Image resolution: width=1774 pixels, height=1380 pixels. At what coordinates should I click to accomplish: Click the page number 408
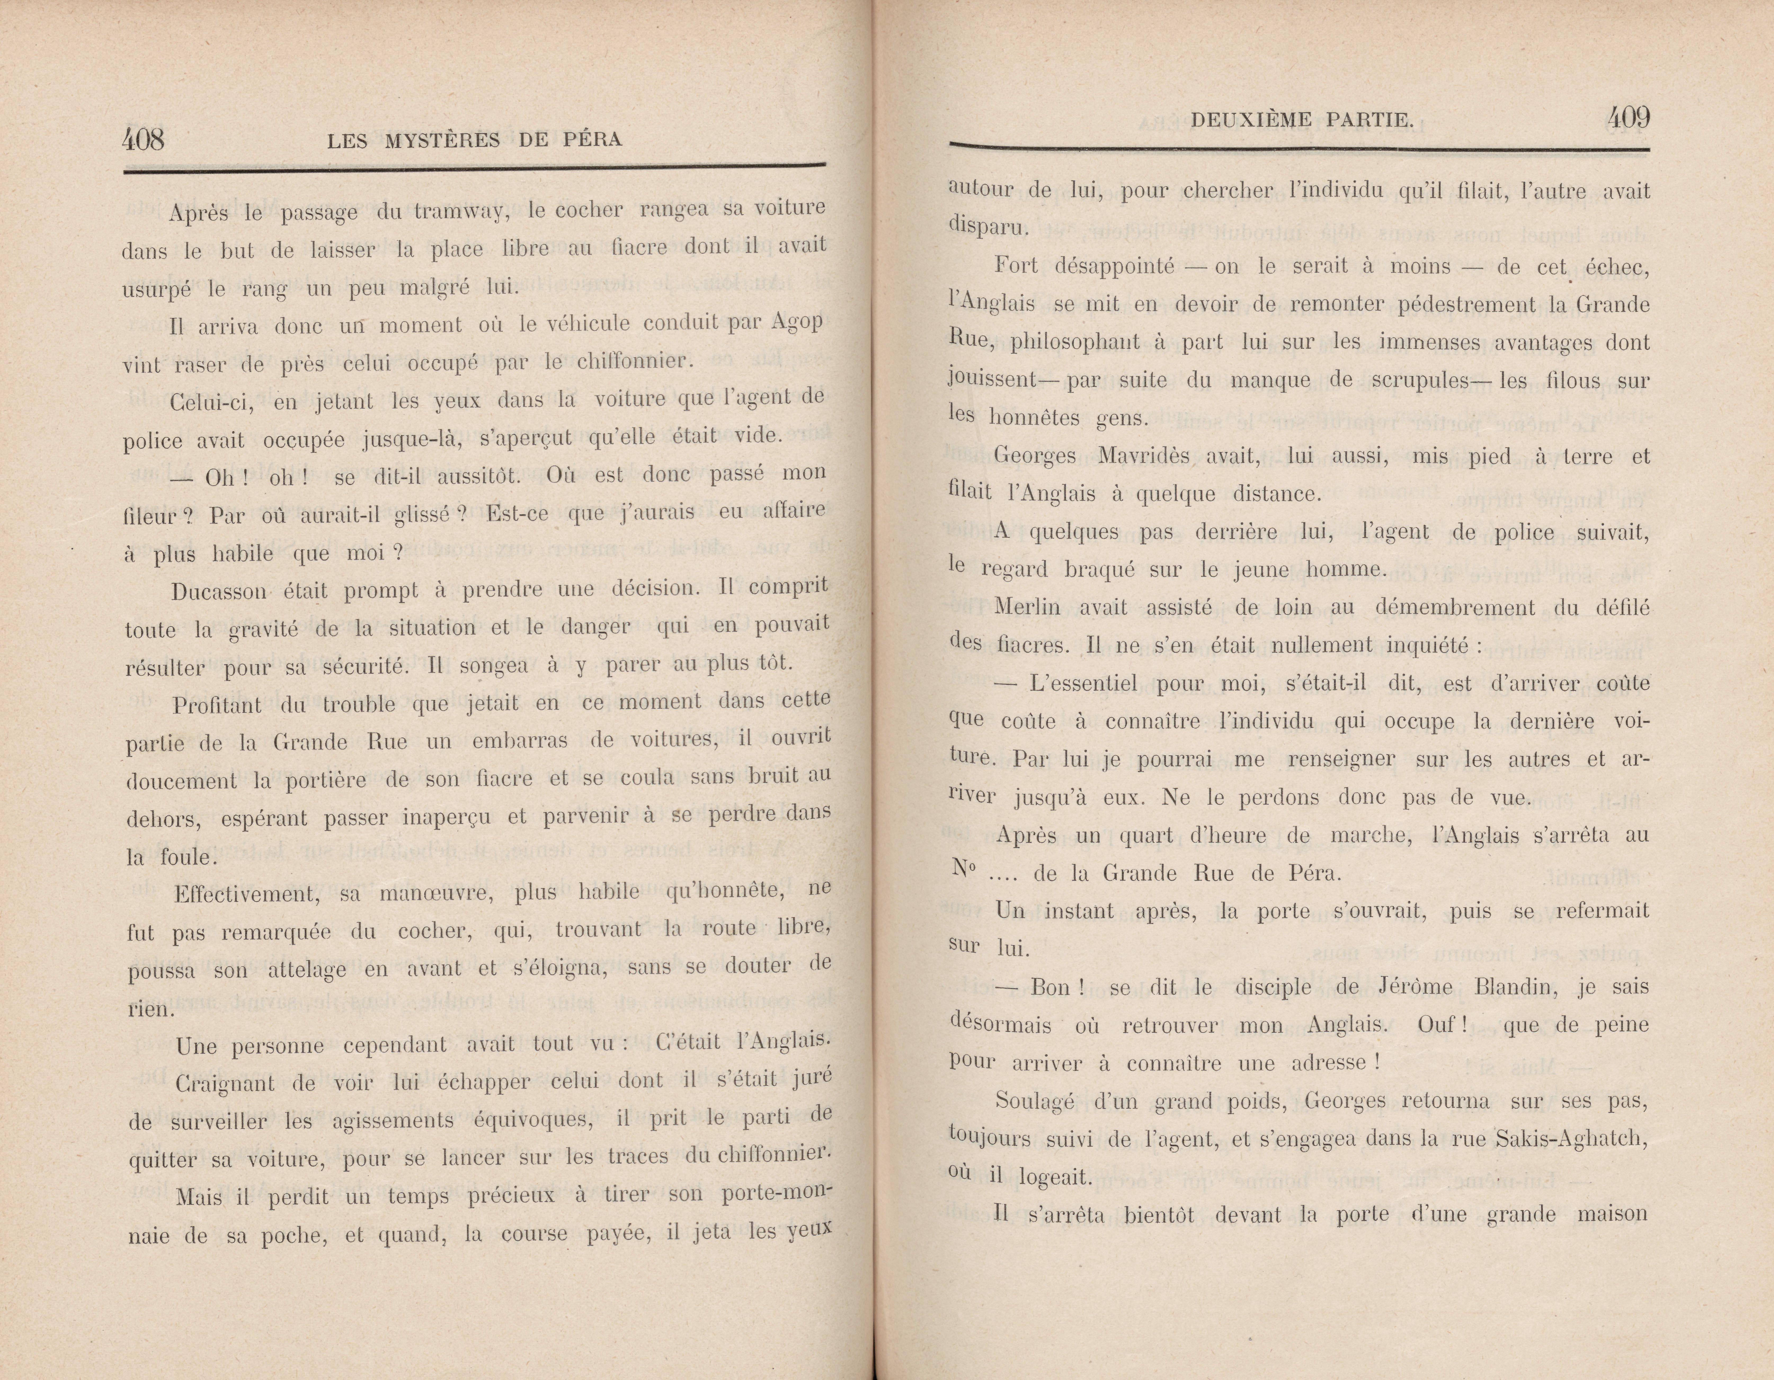(x=143, y=140)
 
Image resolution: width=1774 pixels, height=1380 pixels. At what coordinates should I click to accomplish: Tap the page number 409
(x=1628, y=119)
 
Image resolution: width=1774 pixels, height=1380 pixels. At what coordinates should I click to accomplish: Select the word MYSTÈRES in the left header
(x=442, y=140)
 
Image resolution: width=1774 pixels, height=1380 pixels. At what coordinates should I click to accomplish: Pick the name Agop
(x=798, y=321)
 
